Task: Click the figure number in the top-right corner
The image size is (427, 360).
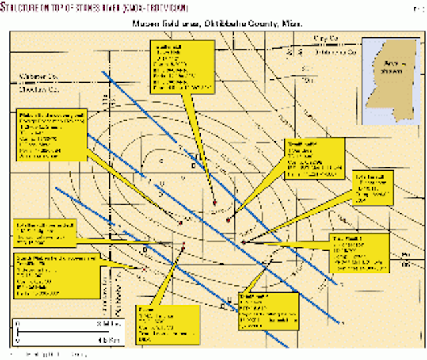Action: point(417,7)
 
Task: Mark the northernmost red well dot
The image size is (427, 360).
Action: point(215,202)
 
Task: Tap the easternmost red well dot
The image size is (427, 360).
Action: point(244,242)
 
